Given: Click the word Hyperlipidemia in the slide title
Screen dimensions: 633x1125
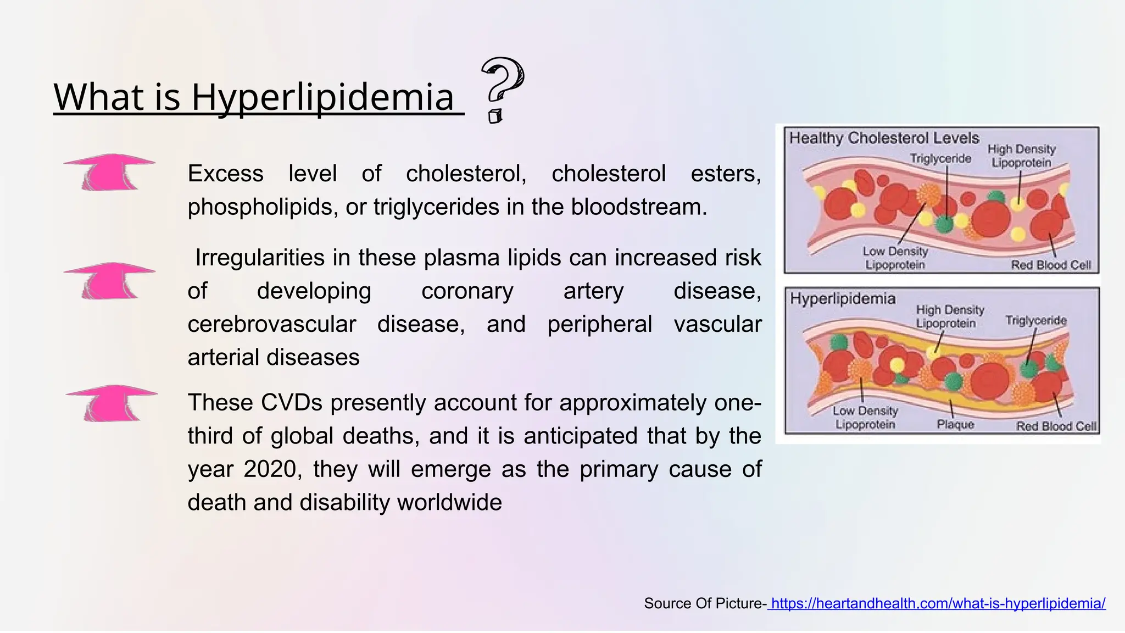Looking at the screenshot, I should pos(322,97).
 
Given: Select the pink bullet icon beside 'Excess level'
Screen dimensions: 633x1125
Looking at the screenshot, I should pos(109,172).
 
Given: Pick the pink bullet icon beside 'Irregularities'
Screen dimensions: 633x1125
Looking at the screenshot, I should pos(109,281).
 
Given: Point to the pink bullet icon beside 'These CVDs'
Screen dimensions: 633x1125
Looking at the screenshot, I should pos(112,403).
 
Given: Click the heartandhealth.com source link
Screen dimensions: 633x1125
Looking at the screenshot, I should pos(938,603).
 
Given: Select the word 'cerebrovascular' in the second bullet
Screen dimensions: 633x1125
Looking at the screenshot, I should pos(271,324).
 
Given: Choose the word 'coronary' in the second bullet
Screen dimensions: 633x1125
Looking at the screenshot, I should pos(467,291).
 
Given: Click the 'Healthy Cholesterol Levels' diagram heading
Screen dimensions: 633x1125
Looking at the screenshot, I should pos(884,138).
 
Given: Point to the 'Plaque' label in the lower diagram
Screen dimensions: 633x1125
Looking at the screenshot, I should pos(955,424).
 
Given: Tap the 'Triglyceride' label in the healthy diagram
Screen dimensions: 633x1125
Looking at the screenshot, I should pos(940,159).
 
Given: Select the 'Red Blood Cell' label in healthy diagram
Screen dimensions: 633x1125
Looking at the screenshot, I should pos(1051,265).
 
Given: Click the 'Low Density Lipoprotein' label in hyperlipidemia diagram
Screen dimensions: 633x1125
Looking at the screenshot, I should pos(865,418).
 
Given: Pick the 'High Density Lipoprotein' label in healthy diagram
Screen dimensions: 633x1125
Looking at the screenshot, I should pos(1021,156).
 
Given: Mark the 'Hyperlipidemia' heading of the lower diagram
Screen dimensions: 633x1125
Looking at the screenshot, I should pos(843,299).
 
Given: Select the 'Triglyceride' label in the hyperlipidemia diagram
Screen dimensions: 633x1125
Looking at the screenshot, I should pos(1035,320).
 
